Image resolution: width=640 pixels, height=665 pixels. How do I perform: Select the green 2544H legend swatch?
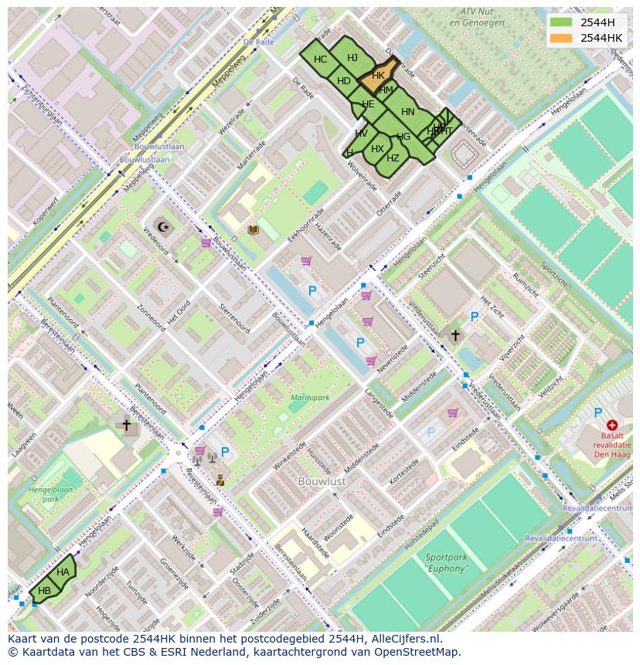pos(562,22)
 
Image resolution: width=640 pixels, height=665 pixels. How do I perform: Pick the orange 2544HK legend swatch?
pos(562,38)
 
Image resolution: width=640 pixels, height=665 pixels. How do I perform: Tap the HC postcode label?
pos(320,59)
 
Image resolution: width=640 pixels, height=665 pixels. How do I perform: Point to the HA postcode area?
pos(63,572)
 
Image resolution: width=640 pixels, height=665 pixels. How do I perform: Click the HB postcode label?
pos(45,591)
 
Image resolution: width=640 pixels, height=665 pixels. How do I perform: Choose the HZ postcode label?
pos(393,158)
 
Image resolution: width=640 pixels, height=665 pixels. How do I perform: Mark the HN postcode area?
pos(407,112)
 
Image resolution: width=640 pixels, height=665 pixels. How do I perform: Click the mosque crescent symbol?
pos(162,226)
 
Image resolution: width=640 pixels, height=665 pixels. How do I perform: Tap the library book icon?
pos(253,229)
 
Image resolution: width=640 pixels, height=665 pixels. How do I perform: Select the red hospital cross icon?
pos(612,425)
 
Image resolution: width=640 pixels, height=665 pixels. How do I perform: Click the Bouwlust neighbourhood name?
pos(322,481)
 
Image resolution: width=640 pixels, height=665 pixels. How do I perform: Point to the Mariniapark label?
pos(309,398)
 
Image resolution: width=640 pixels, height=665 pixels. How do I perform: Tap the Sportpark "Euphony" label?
pos(446,562)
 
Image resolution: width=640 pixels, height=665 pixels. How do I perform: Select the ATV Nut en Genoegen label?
pos(476,17)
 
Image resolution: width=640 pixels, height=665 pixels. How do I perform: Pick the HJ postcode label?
pos(352,58)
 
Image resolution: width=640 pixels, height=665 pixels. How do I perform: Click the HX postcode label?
pos(377,149)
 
